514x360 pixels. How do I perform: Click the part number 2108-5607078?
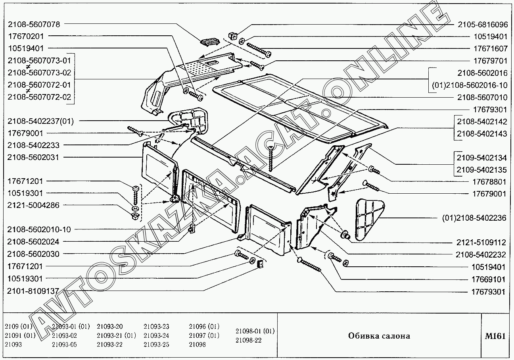pyautogui.click(x=34, y=24)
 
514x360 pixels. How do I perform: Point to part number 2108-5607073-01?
pyautogui.click(x=39, y=60)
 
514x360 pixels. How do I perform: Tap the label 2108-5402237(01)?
pyautogui.click(x=40, y=121)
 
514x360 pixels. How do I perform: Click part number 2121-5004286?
pyautogui.click(x=33, y=205)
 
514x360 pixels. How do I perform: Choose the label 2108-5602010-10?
pyautogui.click(x=39, y=229)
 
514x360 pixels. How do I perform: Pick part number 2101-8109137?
pyautogui.click(x=33, y=291)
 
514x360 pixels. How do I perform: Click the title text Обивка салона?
pyautogui.click(x=379, y=336)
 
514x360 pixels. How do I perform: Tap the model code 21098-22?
pyautogui.click(x=248, y=340)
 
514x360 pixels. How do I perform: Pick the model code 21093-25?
pyautogui.click(x=156, y=345)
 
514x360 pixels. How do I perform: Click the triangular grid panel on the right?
pyautogui.click(x=369, y=218)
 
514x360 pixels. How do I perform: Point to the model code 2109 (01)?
pyautogui.click(x=18, y=327)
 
